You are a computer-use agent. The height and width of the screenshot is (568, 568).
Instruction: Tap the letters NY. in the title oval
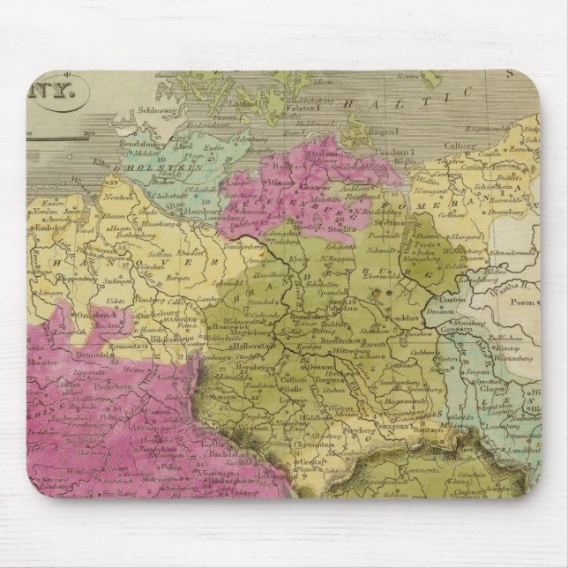(x=67, y=89)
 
